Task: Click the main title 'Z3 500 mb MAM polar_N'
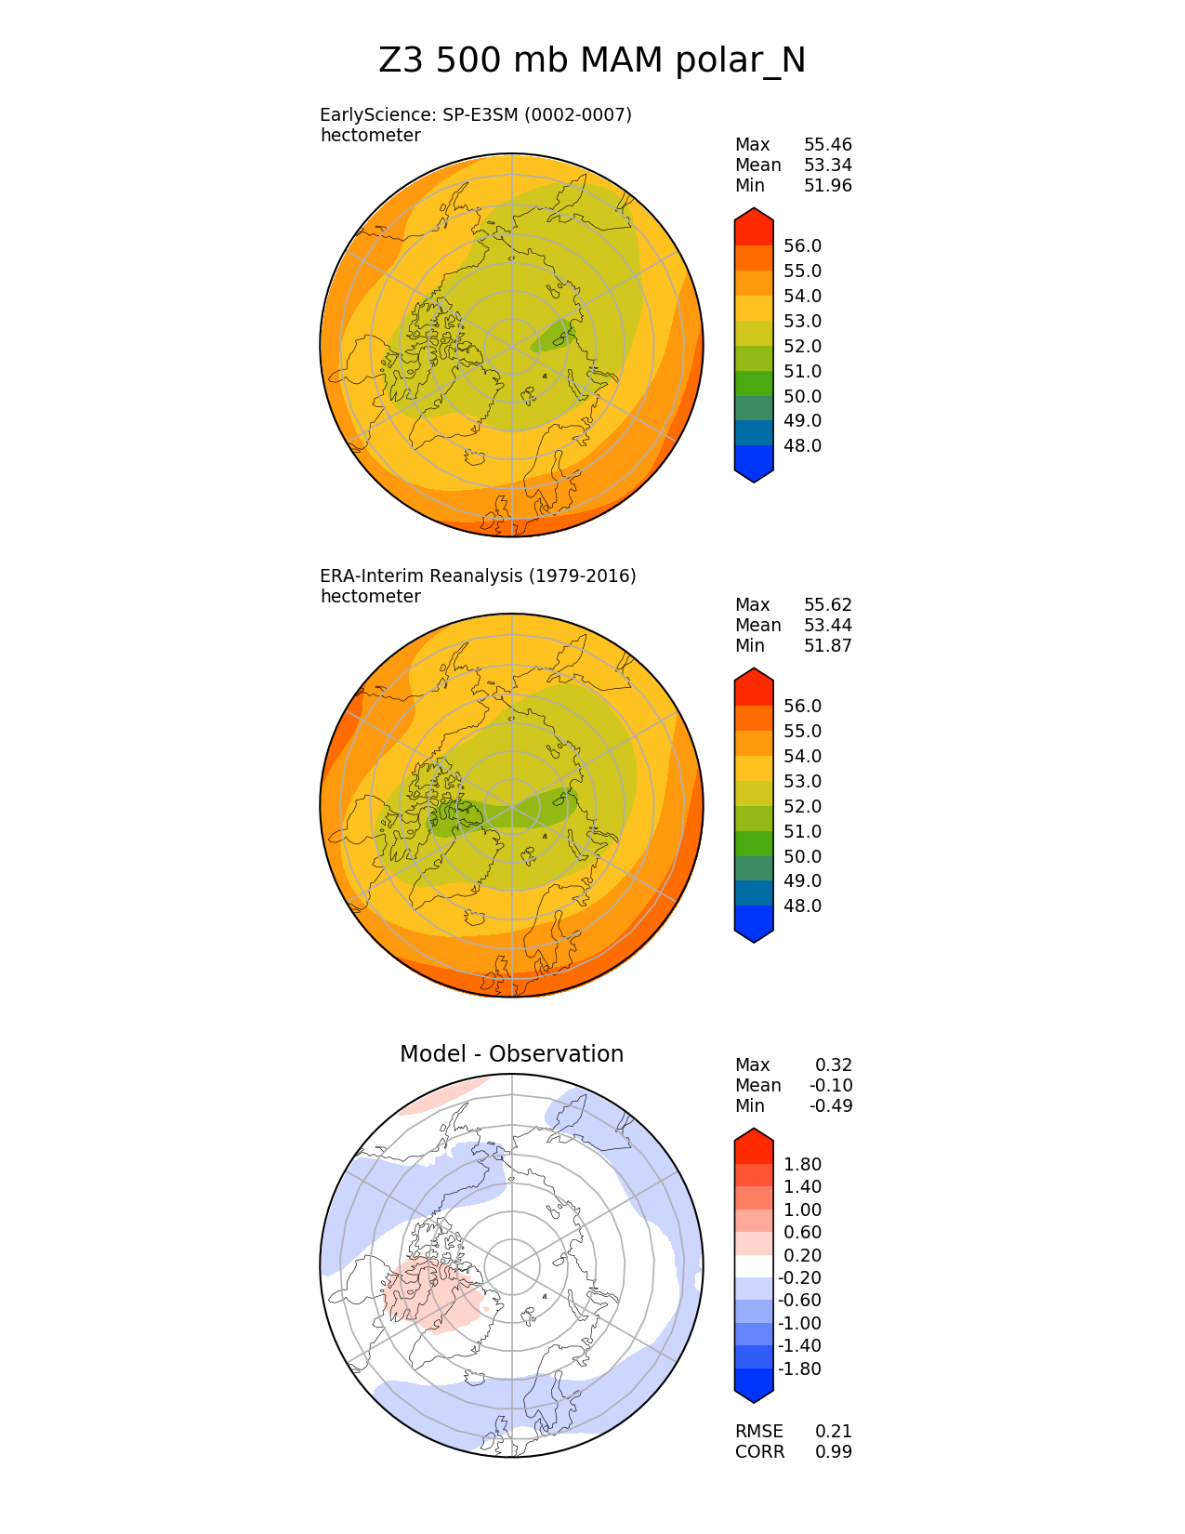592,61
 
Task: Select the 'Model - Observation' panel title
511,1054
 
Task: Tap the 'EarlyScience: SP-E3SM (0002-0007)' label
475,115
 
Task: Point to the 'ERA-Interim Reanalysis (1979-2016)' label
478,576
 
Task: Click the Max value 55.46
827,145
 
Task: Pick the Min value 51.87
827,646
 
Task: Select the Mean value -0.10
830,1086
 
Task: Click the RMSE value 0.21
833,1432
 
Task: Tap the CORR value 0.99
833,1452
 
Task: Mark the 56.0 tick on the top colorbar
802,246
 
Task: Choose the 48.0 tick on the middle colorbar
802,906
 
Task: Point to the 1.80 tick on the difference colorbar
802,1165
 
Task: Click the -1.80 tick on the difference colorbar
800,1369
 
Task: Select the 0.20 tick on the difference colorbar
802,1256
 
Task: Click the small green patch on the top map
555,336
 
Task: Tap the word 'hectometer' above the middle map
370,597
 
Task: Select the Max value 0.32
833,1065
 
